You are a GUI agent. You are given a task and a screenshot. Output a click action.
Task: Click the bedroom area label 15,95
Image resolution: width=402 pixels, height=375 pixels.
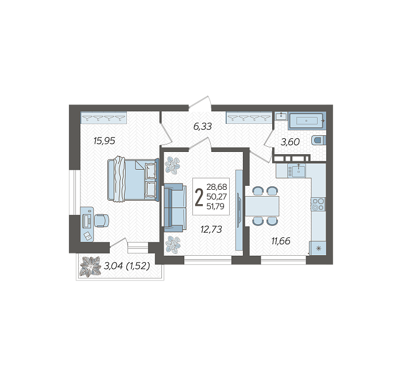pyautogui.click(x=105, y=141)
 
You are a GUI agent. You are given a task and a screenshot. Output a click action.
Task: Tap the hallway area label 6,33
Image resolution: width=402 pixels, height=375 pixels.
pyautogui.click(x=203, y=126)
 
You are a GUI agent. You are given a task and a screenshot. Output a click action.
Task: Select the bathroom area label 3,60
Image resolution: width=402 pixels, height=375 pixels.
pyautogui.click(x=290, y=142)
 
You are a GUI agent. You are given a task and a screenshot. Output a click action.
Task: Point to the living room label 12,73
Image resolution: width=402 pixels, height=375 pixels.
pyautogui.click(x=211, y=229)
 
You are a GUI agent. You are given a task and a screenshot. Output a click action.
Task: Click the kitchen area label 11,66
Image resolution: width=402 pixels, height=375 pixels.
pyautogui.click(x=281, y=241)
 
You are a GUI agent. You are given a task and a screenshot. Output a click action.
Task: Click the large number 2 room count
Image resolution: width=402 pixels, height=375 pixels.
pyautogui.click(x=199, y=197)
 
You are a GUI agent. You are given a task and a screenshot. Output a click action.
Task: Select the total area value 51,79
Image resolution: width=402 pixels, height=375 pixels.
pyautogui.click(x=215, y=206)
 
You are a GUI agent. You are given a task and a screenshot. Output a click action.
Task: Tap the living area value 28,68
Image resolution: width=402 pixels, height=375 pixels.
pyautogui.click(x=217, y=187)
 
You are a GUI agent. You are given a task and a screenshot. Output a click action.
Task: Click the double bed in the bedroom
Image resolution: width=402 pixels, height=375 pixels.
pyautogui.click(x=133, y=179)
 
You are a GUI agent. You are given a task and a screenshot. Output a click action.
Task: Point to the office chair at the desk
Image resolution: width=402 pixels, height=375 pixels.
pyautogui.click(x=102, y=221)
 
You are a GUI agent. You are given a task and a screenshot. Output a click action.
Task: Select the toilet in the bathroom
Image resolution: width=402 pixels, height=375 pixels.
pyautogui.click(x=318, y=140)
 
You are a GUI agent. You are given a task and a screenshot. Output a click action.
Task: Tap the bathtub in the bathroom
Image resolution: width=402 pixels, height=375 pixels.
pyautogui.click(x=307, y=120)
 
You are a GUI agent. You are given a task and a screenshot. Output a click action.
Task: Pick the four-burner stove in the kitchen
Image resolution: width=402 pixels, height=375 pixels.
pyautogui.click(x=318, y=204)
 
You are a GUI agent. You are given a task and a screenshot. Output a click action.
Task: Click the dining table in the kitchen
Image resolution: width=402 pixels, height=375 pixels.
pyautogui.click(x=262, y=206)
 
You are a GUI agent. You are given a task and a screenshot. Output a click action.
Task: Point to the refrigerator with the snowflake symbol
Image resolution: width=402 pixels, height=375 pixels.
pyautogui.click(x=318, y=248)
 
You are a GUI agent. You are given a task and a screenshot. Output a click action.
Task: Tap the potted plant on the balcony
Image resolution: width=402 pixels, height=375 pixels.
pyautogui.click(x=90, y=267)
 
